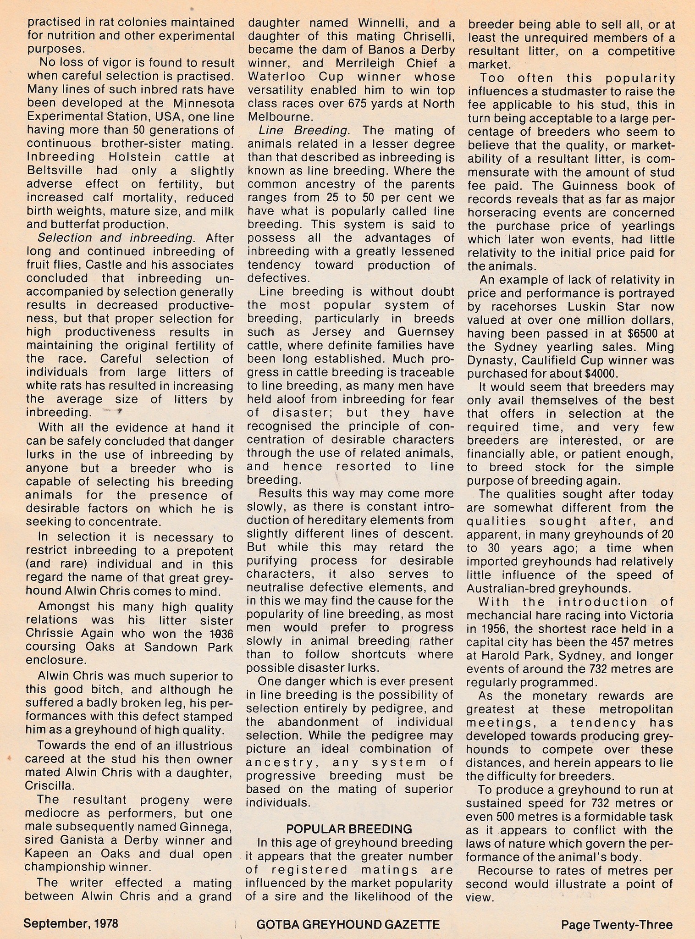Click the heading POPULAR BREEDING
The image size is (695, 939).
pos(348,829)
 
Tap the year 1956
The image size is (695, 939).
pos(487,628)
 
